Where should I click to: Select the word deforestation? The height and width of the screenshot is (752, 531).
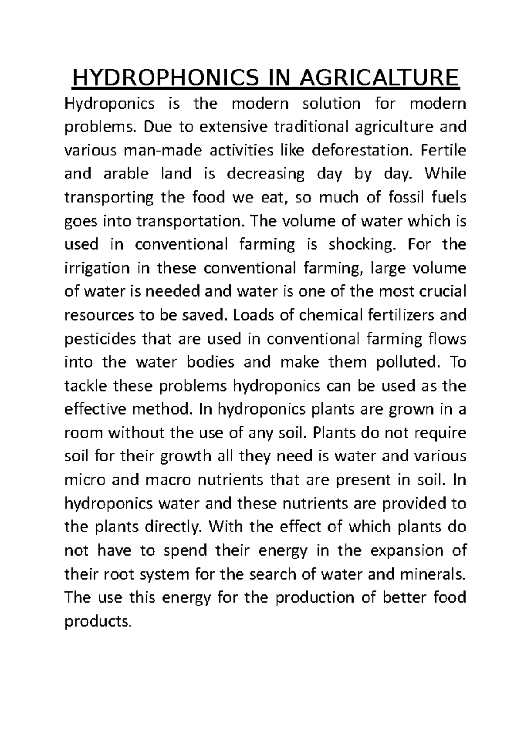pos(361,150)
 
